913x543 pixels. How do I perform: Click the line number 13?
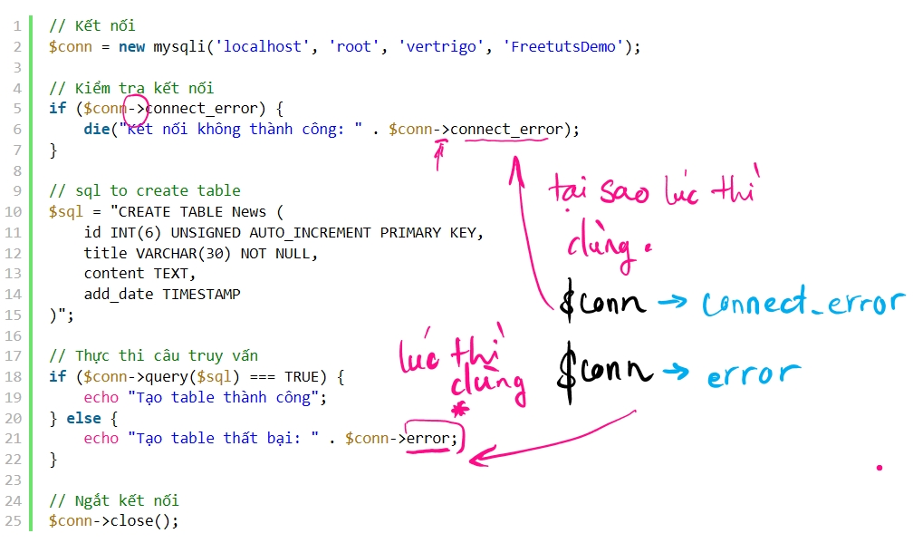13,274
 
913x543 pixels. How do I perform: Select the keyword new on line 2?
131,46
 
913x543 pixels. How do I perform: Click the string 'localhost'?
263,46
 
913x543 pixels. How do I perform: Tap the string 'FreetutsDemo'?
563,46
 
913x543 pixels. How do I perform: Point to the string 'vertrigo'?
441,47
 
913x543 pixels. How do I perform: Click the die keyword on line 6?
97,129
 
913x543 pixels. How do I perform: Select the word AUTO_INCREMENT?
311,233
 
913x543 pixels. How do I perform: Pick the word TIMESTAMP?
201,295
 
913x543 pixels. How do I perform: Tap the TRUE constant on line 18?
302,377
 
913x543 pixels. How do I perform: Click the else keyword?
83,418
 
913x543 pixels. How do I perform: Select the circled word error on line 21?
428,438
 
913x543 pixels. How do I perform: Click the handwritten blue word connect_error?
803,303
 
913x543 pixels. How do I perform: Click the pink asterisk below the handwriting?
460,409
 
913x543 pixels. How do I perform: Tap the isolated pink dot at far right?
879,467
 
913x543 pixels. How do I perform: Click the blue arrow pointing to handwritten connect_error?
672,302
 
